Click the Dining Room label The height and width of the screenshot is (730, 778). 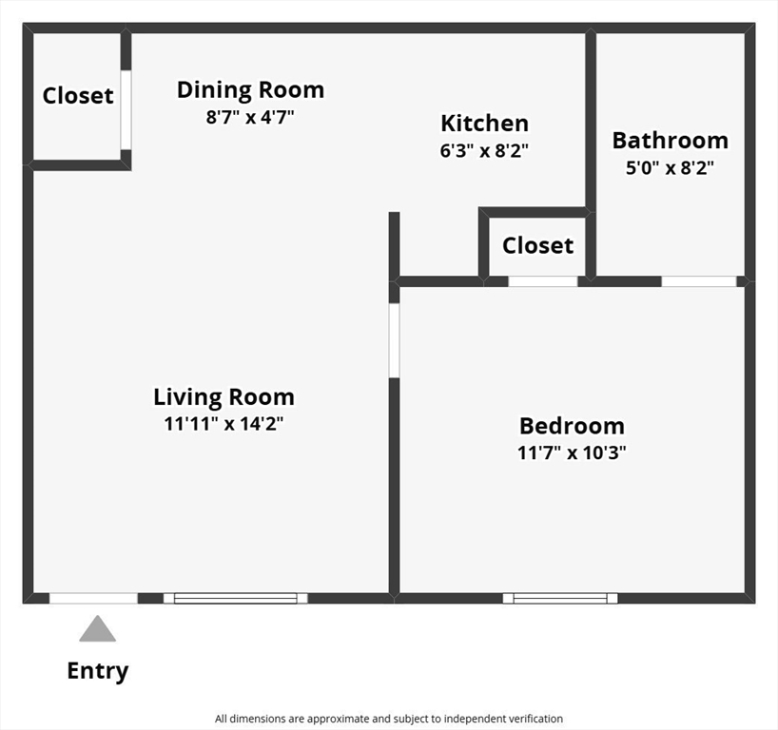(x=250, y=90)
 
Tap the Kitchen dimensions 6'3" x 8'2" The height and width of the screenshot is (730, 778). (x=484, y=150)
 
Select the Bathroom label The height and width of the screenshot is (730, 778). (x=671, y=141)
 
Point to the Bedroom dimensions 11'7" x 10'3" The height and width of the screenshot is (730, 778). (x=572, y=452)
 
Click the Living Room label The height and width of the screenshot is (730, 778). (x=224, y=396)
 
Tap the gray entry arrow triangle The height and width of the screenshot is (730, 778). (x=98, y=629)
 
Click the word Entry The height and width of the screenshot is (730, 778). (x=98, y=671)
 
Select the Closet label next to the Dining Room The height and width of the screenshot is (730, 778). (x=78, y=96)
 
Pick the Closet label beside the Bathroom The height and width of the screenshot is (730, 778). (x=538, y=245)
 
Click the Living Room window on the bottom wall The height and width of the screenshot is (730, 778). (x=236, y=598)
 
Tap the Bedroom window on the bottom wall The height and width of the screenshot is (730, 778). (x=560, y=598)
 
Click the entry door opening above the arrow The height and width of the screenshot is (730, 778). (x=93, y=598)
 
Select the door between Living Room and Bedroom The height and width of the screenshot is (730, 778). (x=394, y=340)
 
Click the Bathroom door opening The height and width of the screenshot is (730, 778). (x=699, y=281)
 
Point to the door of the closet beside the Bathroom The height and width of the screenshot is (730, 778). (x=543, y=281)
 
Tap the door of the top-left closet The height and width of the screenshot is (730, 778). (x=126, y=109)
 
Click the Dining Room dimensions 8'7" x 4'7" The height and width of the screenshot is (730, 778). (x=250, y=118)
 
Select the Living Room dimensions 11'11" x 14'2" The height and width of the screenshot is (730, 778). (x=224, y=424)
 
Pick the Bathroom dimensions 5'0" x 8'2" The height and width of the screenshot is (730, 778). (x=670, y=168)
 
